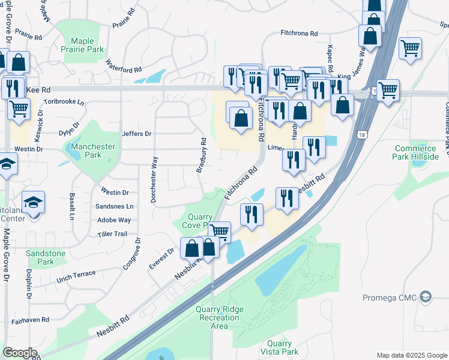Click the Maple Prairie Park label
[x=87, y=45]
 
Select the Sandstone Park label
[x=46, y=257]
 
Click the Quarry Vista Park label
[x=280, y=347]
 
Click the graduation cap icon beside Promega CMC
[x=426, y=297]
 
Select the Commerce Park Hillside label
[x=415, y=152]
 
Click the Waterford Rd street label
[x=124, y=66]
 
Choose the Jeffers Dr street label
[x=136, y=134]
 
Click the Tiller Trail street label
[x=112, y=234]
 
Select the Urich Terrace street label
[x=76, y=277]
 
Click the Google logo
[x=20, y=353]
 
